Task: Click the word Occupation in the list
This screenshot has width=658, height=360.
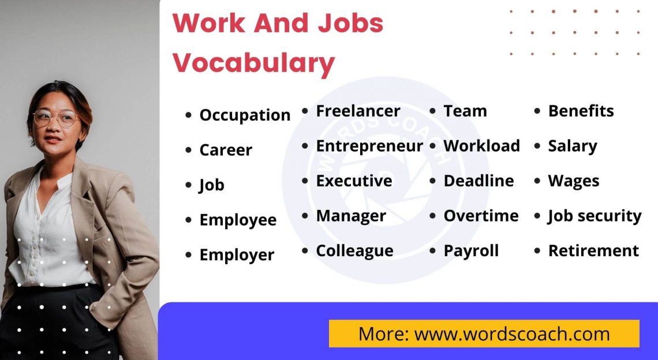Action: point(245,115)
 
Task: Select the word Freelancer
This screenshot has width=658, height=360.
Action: point(358,111)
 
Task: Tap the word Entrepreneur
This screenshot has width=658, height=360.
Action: point(369,146)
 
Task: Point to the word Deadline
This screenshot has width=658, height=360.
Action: point(478,181)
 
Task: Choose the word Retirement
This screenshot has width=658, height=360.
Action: point(593,251)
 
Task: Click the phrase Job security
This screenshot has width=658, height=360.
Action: point(595,216)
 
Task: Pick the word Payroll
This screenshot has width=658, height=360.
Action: point(471,251)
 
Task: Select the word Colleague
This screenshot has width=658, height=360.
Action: point(354,251)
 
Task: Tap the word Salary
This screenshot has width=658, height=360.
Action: point(573,146)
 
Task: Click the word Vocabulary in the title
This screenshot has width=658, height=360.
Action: point(254,62)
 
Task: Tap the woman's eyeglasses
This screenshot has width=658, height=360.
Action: point(55,118)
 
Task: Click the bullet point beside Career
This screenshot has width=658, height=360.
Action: point(188,151)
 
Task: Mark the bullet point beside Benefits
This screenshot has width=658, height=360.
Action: point(537,111)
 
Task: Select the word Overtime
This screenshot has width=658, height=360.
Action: point(481,216)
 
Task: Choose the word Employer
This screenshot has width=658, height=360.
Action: point(237,255)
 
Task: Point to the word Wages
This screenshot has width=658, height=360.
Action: point(573,181)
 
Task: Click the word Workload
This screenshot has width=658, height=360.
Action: point(481,146)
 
